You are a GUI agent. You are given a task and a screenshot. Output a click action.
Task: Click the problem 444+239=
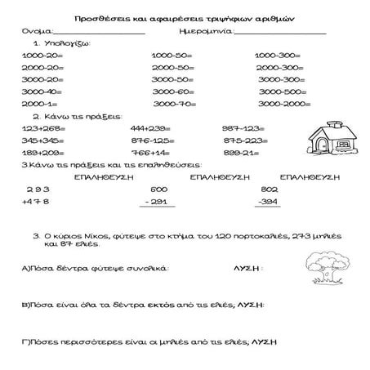point(149,128)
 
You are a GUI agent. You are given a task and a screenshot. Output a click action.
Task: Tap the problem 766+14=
point(148,152)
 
